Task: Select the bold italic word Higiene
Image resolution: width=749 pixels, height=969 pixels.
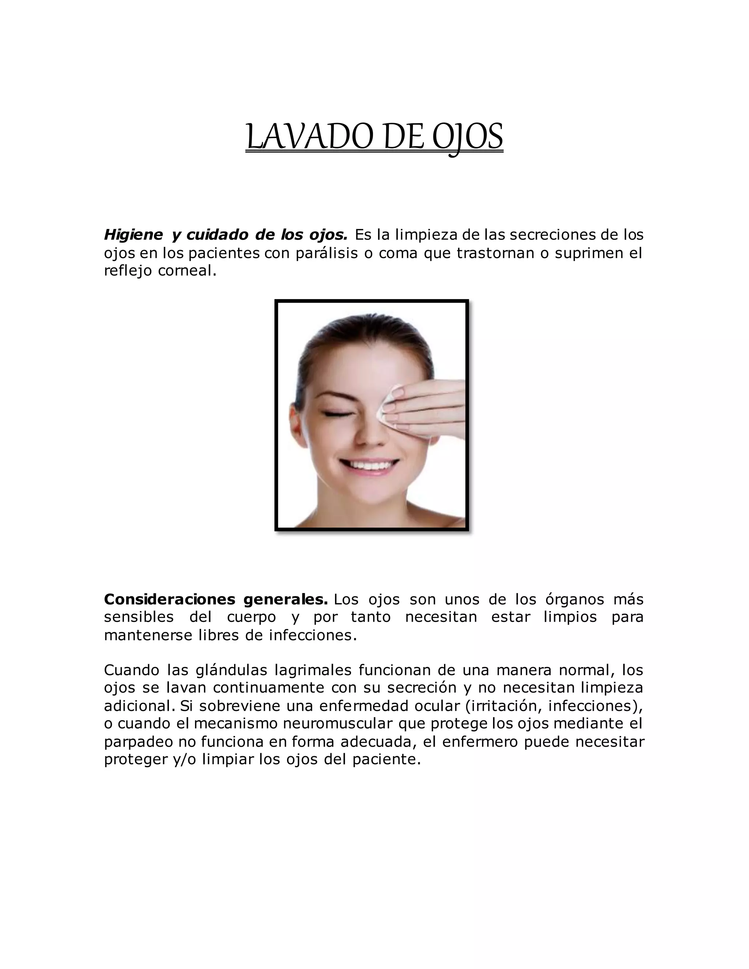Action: [133, 235]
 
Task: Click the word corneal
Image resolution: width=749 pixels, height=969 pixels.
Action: [187, 271]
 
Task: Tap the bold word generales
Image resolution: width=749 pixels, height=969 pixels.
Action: [286, 600]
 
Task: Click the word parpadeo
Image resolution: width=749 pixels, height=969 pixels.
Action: [138, 742]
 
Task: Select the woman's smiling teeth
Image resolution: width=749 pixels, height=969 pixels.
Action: [368, 465]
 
